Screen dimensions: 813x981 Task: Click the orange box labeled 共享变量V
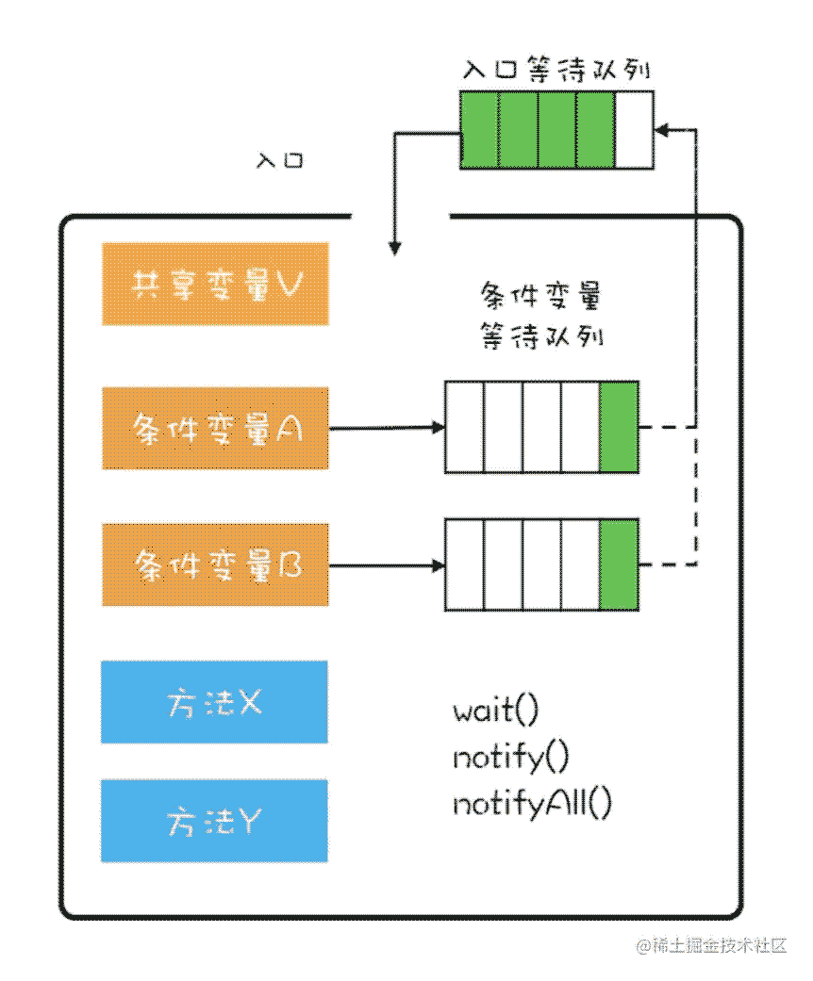(x=215, y=284)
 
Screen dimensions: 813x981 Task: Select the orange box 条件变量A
(x=215, y=428)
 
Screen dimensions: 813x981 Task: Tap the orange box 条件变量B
(x=215, y=565)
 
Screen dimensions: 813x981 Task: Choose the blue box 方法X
(x=214, y=702)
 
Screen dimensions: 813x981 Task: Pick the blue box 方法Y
(x=214, y=821)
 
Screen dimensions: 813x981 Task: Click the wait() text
(x=495, y=711)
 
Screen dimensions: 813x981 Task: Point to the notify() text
(x=511, y=758)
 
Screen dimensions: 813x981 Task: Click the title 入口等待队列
(x=556, y=69)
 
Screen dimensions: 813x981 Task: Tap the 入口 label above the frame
(x=280, y=161)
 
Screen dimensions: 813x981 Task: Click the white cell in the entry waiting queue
(x=635, y=130)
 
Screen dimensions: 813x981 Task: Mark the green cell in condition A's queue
(x=619, y=427)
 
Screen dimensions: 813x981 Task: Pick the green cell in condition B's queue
(x=619, y=564)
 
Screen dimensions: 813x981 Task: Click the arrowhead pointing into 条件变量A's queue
(x=440, y=428)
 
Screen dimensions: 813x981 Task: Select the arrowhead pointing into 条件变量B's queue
(x=440, y=565)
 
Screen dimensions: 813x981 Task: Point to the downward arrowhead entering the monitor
(x=394, y=249)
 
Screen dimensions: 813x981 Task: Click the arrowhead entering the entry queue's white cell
(x=661, y=130)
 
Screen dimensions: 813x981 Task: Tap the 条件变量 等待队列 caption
(x=541, y=316)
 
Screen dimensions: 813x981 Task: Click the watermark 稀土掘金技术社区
(x=711, y=945)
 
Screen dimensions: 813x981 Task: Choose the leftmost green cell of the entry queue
(x=480, y=130)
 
